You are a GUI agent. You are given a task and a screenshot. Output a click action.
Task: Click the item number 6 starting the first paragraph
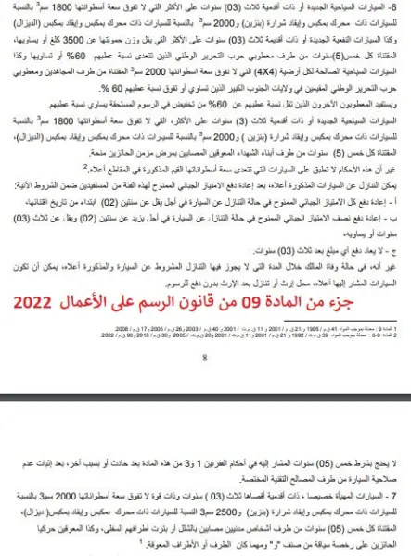coord(400,6)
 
